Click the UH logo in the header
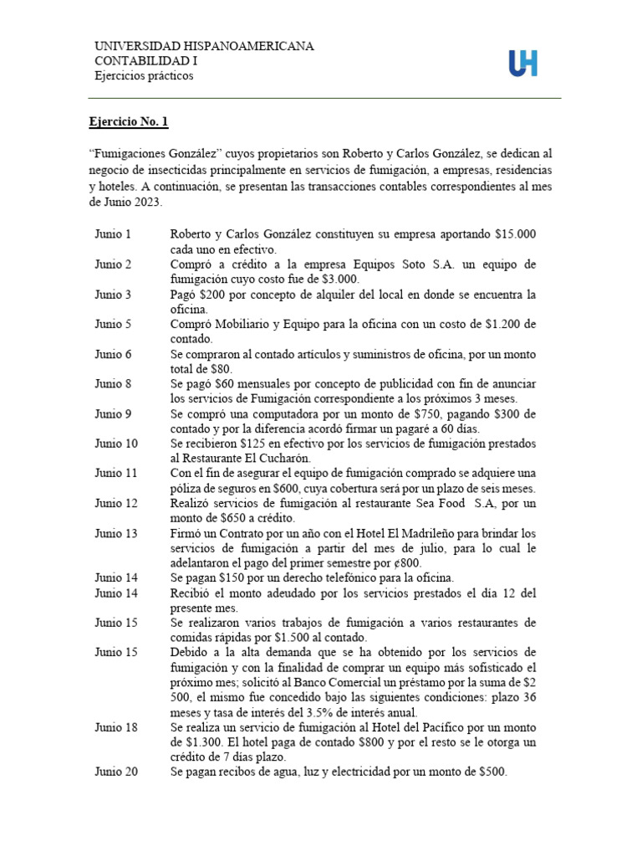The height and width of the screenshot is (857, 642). point(523,63)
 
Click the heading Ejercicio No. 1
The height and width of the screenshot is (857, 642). point(129,122)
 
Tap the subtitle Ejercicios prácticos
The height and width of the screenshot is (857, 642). point(143,76)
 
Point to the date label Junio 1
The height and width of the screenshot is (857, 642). point(113,234)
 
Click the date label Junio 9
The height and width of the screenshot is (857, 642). point(113,413)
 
